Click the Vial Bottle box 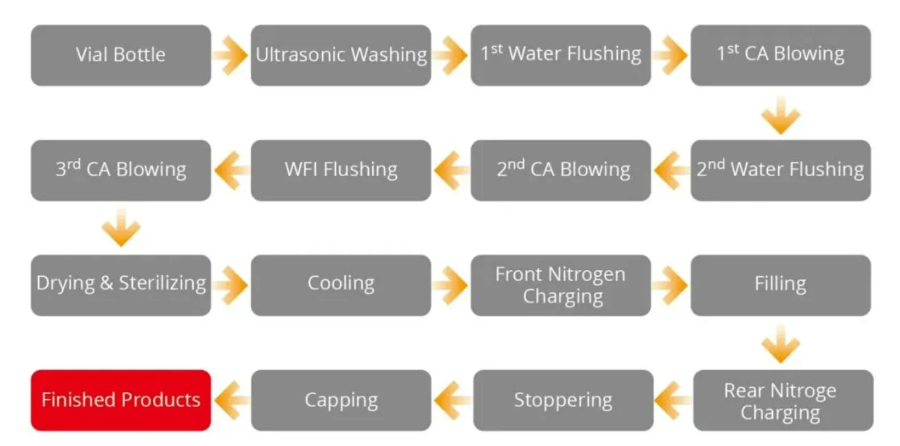click(x=121, y=55)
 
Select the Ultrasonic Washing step click(x=341, y=55)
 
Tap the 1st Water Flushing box click(x=561, y=55)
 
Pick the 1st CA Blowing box click(x=781, y=55)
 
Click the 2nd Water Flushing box click(x=781, y=170)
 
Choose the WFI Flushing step click(x=341, y=170)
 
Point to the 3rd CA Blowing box click(x=121, y=170)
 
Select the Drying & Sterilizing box click(x=121, y=285)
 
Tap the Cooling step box click(x=341, y=285)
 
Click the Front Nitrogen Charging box click(x=561, y=285)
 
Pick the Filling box click(x=781, y=285)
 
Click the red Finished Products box click(x=121, y=400)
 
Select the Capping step click(x=341, y=400)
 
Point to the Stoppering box click(x=563, y=400)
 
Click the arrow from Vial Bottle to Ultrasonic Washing click(x=231, y=55)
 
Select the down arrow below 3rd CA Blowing click(x=121, y=228)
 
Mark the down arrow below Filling click(x=781, y=344)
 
